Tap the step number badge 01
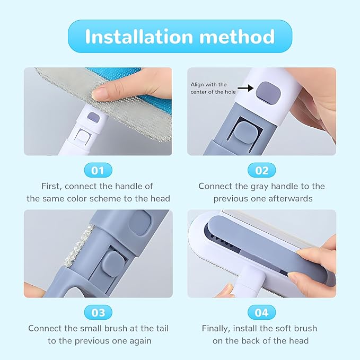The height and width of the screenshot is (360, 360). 98,170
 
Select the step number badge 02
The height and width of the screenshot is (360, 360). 262,170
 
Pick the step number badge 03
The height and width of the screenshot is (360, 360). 98,312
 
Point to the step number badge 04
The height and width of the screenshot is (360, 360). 262,312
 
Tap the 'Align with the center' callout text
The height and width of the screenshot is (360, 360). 209,88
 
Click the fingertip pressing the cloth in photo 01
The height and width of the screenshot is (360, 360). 101,94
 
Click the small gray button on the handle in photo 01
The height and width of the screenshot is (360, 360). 92,117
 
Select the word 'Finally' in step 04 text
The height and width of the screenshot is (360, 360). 217,328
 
